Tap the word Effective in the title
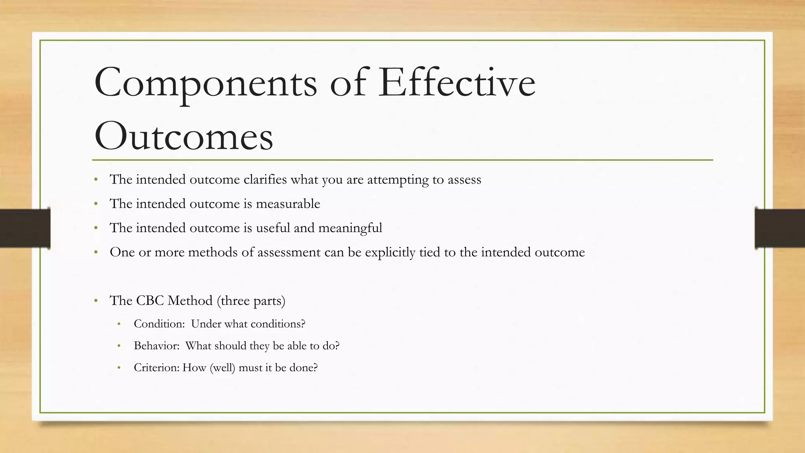(456, 82)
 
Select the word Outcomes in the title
(184, 136)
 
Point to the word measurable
(288, 204)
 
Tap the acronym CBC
(150, 300)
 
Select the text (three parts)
(251, 301)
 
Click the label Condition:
(159, 324)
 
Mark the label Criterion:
(156, 368)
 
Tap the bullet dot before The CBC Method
(96, 301)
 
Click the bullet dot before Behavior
(119, 346)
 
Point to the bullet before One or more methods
(96, 252)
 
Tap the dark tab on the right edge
(779, 228)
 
